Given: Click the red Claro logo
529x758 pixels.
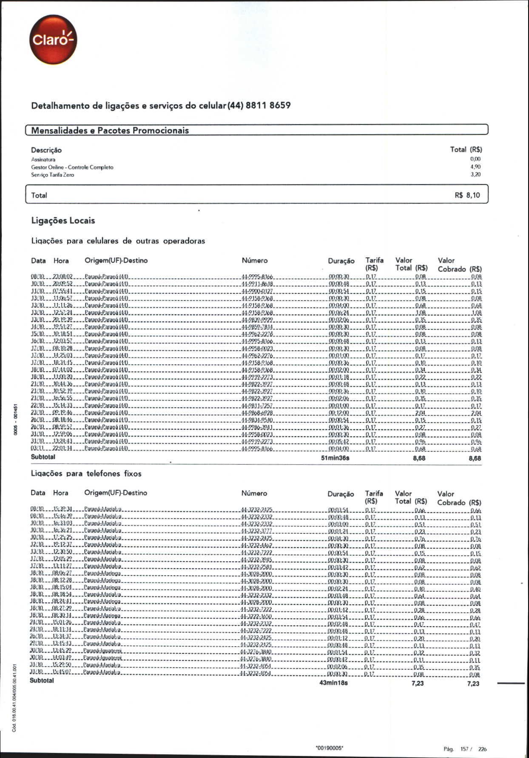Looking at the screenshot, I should click(53, 40).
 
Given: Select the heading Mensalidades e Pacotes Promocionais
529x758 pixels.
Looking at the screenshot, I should click(110, 131).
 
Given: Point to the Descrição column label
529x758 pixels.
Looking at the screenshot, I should click(46, 150).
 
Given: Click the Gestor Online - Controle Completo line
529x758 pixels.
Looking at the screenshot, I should click(72, 167).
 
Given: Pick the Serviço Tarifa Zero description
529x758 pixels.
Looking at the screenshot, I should click(52, 175).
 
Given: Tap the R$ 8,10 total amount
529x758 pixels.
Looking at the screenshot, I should click(467, 196).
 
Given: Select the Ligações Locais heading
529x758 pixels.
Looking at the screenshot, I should click(63, 221).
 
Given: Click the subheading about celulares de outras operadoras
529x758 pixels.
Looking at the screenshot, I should click(118, 241).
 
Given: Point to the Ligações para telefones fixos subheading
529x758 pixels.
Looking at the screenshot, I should click(86, 474).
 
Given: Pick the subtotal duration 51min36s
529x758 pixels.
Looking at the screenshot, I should click(335, 458).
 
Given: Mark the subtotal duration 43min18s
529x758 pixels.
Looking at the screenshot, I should click(333, 683).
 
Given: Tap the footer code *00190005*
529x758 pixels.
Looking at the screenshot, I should click(330, 747).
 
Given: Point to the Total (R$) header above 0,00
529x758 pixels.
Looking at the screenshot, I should click(466, 150).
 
